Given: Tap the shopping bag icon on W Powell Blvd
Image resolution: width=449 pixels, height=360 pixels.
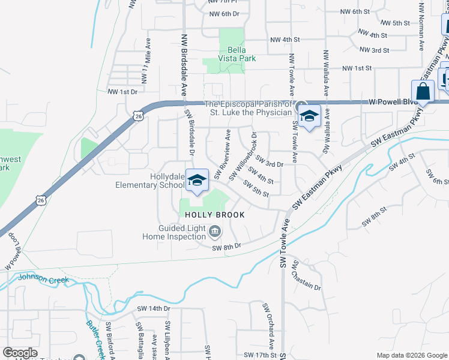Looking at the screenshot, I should click(x=423, y=92).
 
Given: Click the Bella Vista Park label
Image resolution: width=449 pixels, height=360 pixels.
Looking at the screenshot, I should click(x=237, y=53).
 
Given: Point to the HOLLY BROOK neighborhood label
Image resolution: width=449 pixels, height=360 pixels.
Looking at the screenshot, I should click(x=214, y=215).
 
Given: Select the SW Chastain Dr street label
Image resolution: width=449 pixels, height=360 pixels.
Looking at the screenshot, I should click(x=307, y=276).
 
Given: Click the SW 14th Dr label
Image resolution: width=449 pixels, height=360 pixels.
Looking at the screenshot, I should click(x=154, y=308).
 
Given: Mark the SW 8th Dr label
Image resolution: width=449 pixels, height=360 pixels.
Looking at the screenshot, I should click(x=226, y=246).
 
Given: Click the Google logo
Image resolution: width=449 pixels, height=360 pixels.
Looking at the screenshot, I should click(x=20, y=353).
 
